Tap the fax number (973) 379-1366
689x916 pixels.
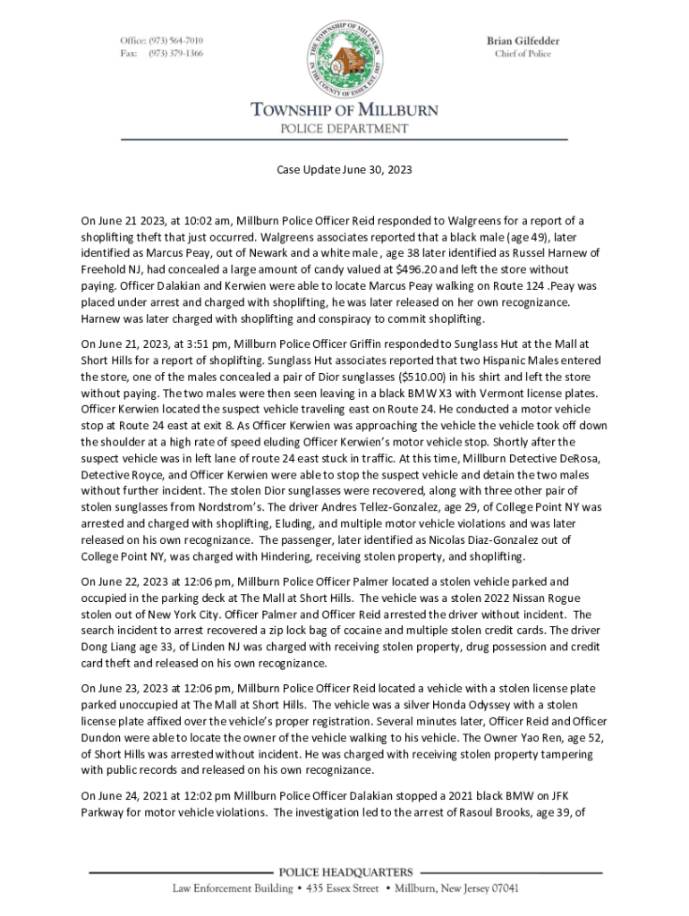point(176,54)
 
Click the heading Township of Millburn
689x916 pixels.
point(344,111)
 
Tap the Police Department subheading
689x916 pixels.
point(344,129)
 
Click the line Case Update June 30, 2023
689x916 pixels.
point(344,169)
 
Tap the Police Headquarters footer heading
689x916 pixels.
point(345,872)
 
